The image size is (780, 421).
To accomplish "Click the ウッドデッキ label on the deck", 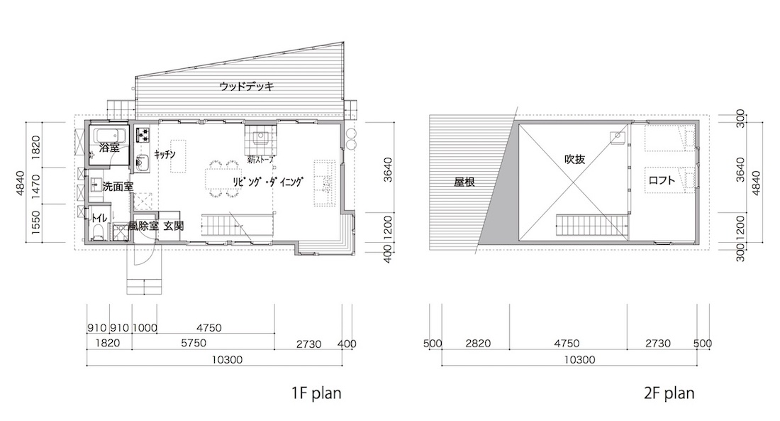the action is point(247,86).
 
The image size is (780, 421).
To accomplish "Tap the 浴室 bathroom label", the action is point(109,148).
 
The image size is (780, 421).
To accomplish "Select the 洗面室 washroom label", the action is point(118,187).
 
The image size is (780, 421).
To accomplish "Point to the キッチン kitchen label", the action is point(165,155).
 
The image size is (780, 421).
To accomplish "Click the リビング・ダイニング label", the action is point(267,182).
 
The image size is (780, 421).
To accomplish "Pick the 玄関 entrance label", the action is point(174,226).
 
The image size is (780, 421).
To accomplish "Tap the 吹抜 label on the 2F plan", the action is point(574,160).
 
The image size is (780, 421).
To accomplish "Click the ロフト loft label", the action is point(662,180).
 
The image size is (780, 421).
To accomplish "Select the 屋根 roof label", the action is point(464,182).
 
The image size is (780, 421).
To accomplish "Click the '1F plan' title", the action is point(316,393).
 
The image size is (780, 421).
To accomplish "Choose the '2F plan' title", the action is point(669,393).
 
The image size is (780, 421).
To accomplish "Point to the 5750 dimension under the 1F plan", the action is point(194,344).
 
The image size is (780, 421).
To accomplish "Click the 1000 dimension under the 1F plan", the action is point(145,328).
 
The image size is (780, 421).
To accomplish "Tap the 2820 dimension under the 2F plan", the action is point(478,344).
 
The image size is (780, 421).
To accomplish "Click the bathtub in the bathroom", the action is point(108,136).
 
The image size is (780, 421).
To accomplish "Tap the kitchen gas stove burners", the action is point(143,133).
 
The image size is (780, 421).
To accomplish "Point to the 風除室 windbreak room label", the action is point(144,226).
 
